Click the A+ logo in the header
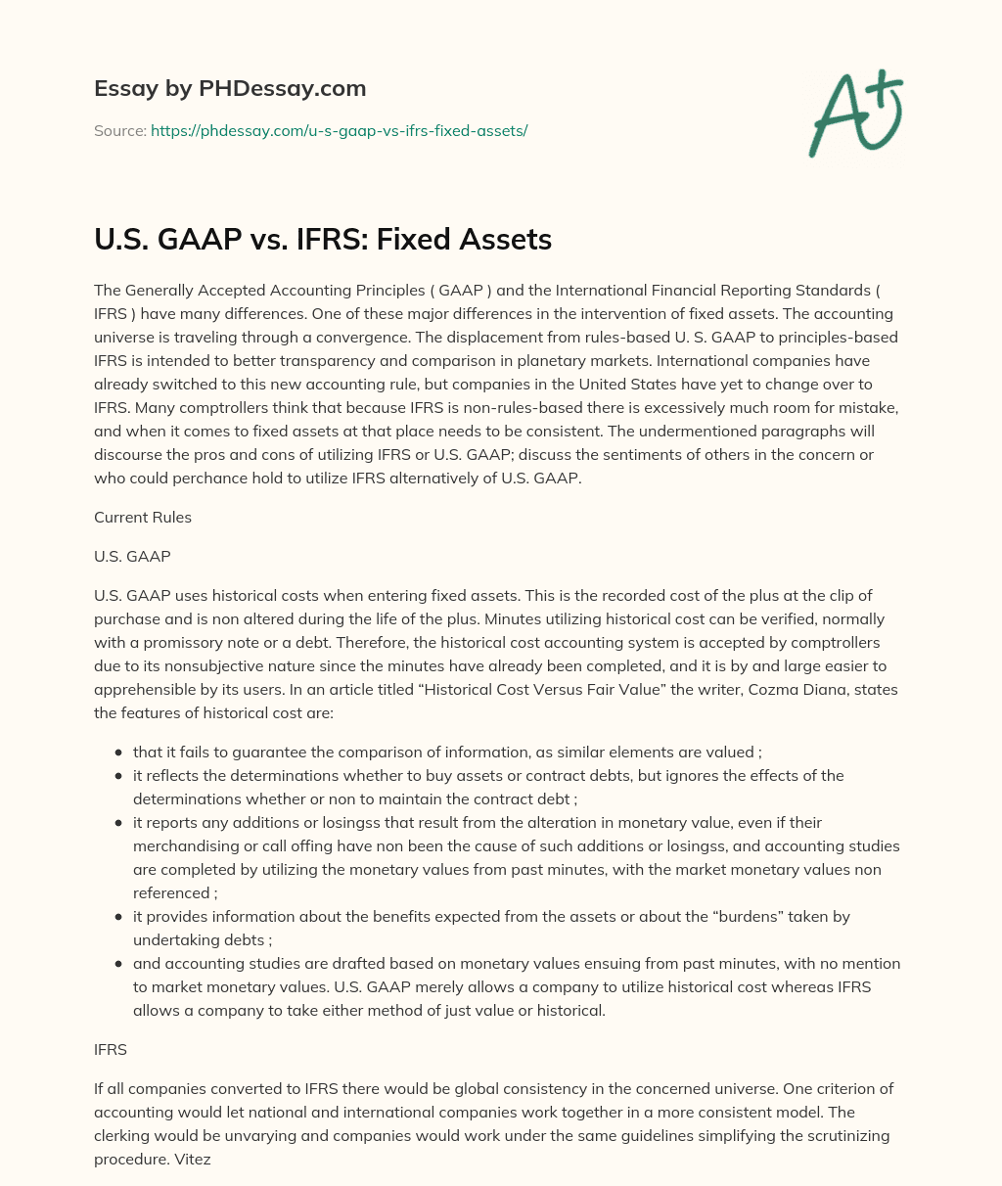854,114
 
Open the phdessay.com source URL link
339,130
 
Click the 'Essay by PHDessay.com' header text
230,88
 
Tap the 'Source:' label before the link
120,130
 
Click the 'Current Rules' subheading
143,518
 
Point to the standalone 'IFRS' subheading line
111,1049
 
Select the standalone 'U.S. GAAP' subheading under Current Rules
132,556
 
